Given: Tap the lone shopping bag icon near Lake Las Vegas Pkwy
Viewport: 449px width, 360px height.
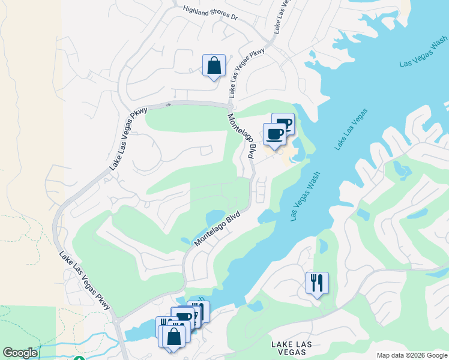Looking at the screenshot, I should click(x=214, y=66).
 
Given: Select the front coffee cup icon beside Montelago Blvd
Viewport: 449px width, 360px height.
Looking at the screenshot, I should click(x=275, y=134).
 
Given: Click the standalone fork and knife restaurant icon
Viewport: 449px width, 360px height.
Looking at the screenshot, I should click(x=317, y=283).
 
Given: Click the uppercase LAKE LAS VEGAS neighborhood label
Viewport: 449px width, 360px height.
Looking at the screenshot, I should click(x=292, y=349).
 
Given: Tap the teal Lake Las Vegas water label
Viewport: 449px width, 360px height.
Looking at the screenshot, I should click(x=351, y=129).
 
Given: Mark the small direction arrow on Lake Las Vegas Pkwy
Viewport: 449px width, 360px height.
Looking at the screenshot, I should click(x=168, y=104).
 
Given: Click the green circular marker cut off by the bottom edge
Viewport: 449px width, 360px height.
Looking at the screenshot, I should click(x=79, y=358).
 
